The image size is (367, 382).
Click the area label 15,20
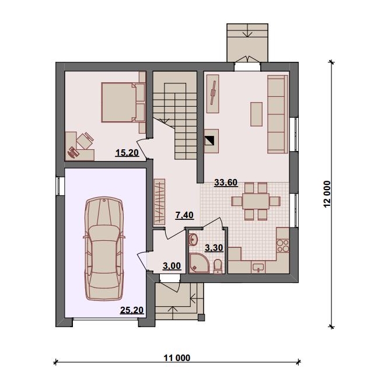[127, 153]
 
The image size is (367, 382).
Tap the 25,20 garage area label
[132, 310]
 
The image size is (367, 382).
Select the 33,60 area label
[226, 182]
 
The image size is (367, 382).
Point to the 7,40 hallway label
[184, 215]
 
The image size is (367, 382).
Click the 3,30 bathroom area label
[214, 248]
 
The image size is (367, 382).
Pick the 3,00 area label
[172, 266]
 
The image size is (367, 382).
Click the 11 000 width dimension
[177, 358]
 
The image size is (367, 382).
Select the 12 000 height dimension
[327, 194]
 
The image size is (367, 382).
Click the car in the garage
[104, 249]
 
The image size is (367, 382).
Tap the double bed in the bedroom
[123, 102]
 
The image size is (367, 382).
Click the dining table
[256, 201]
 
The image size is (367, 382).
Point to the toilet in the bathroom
[218, 267]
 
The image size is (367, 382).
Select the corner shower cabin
[199, 263]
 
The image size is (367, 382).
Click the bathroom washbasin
[193, 239]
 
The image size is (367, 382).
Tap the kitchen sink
[258, 268]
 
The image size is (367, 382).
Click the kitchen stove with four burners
[283, 246]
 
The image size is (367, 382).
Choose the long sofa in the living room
[278, 114]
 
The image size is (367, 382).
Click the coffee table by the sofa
[256, 114]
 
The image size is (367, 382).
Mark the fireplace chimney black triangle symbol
[209, 141]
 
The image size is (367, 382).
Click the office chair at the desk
[85, 141]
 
